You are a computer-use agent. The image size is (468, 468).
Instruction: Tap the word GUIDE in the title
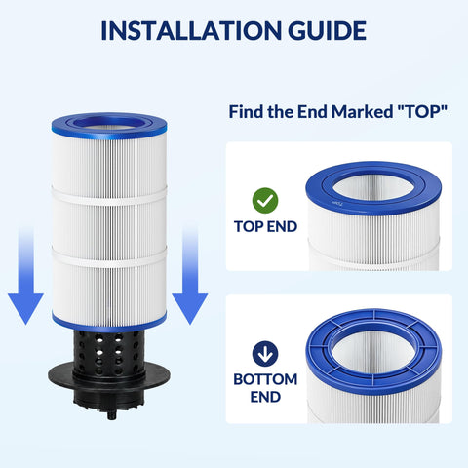[328, 30]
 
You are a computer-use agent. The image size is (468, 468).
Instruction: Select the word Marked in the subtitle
[362, 111]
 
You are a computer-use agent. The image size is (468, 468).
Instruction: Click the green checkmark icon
[265, 201]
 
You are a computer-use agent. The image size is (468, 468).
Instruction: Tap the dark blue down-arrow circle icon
[265, 354]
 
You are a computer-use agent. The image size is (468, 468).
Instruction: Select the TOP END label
[265, 226]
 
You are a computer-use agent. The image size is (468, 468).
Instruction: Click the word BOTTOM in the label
[265, 379]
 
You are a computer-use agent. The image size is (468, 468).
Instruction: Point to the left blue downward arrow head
[25, 307]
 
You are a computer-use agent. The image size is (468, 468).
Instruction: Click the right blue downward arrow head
[190, 307]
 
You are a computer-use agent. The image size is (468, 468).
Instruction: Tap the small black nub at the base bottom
[112, 415]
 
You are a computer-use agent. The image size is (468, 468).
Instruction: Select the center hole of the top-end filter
[373, 188]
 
